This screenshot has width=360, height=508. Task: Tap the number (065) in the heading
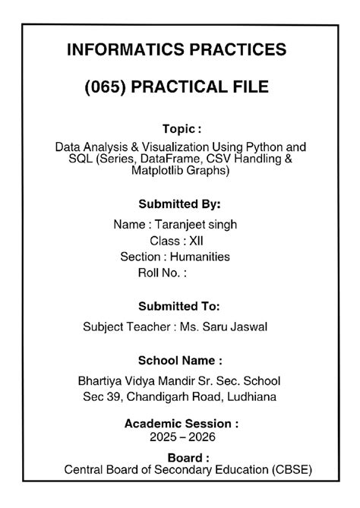point(107,87)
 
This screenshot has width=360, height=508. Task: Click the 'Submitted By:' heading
point(180,204)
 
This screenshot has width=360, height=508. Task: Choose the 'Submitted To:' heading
point(180,307)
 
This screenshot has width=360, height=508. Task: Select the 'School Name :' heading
point(180,360)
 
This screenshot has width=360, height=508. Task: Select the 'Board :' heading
point(181,458)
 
